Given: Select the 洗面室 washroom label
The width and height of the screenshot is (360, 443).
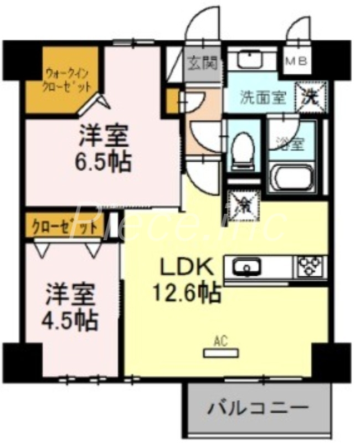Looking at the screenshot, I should tap(263, 97).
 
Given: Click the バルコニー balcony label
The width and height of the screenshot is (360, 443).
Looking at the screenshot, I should tap(258, 410).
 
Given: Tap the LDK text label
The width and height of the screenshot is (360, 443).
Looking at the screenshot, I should tap(187, 269).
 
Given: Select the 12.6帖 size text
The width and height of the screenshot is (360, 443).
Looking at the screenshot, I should tap(187, 291).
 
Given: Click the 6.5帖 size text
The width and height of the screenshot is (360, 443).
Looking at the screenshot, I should tap(104, 162).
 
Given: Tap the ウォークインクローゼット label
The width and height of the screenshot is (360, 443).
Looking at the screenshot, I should tap(67, 79).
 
